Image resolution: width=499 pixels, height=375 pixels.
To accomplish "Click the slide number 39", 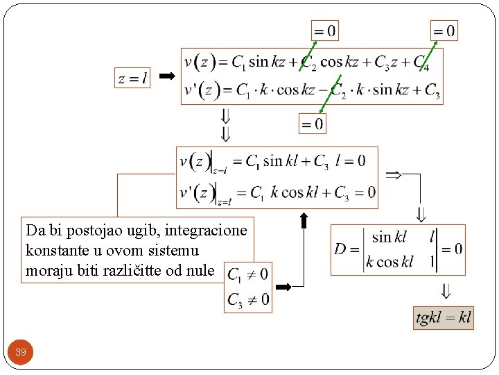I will tap(21, 352).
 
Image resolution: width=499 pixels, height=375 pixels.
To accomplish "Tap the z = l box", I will tap(132, 78).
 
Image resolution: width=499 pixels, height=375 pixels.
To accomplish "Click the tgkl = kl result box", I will tap(443, 318).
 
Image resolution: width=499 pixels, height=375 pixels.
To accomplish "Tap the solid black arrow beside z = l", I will tap(167, 76).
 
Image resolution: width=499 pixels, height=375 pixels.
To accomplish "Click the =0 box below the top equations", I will tap(313, 124).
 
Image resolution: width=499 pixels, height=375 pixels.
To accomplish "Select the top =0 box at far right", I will tap(444, 31).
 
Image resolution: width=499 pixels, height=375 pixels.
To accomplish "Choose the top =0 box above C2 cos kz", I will tap(325, 31).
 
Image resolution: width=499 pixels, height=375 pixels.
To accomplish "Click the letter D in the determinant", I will tap(340, 249).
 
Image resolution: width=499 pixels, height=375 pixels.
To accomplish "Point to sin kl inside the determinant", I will tap(389, 237).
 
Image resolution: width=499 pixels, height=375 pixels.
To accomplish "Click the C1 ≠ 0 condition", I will tap(248, 274).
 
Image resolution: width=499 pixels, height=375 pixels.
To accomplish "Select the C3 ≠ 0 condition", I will tap(248, 300).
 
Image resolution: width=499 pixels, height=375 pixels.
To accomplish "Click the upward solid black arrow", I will tap(304, 220).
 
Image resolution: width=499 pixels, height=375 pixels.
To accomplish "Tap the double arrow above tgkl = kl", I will tap(446, 291).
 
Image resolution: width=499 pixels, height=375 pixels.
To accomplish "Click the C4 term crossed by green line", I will tap(422, 63).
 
